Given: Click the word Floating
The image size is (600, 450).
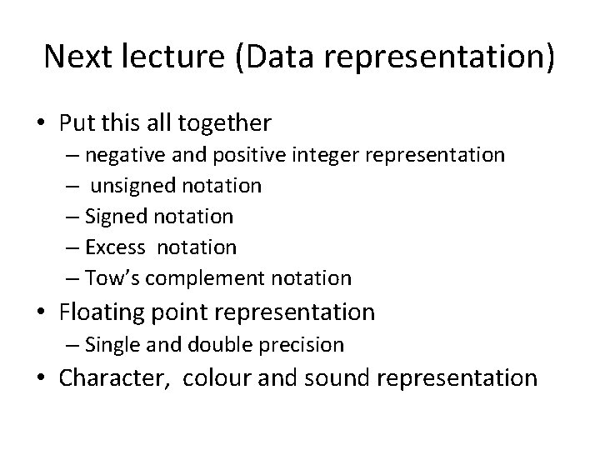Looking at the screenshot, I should coord(105,312).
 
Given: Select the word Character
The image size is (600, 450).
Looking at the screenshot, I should coord(113,378).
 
